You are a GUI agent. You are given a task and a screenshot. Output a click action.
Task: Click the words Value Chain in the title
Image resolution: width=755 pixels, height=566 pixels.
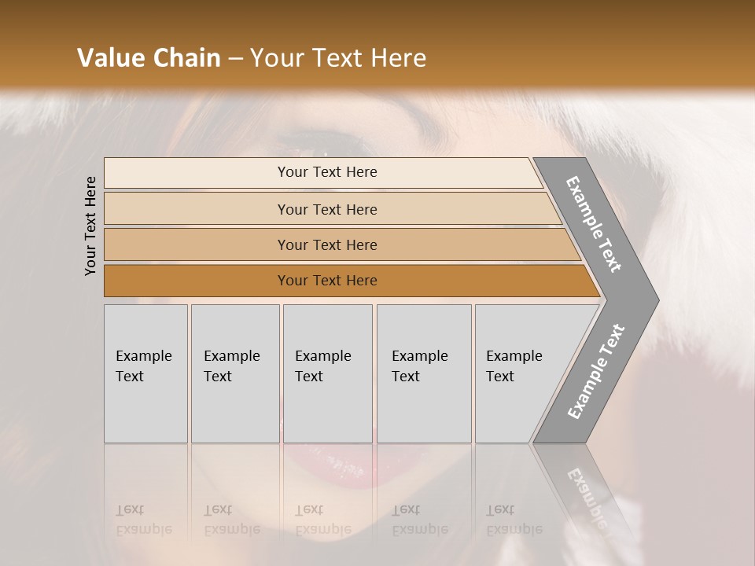[x=149, y=58]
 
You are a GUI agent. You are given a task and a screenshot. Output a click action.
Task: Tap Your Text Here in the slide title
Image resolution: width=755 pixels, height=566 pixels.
[x=338, y=58]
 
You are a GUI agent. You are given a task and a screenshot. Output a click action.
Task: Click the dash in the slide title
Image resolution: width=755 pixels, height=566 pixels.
[x=235, y=58]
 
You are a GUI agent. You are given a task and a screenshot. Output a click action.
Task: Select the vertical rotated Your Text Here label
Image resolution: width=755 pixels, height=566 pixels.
[x=90, y=226]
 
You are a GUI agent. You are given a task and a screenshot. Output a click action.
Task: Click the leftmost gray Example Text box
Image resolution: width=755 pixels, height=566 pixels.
[x=145, y=373]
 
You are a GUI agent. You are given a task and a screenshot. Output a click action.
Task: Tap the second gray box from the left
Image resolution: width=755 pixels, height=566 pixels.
[x=234, y=373]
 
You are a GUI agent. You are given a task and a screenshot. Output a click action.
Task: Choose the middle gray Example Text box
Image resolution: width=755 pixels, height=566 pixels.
[x=327, y=373]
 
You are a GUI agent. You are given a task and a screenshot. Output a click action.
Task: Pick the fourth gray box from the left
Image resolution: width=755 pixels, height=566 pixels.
[x=423, y=373]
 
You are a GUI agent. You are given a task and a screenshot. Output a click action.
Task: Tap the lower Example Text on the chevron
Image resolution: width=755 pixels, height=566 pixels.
[x=596, y=371]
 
